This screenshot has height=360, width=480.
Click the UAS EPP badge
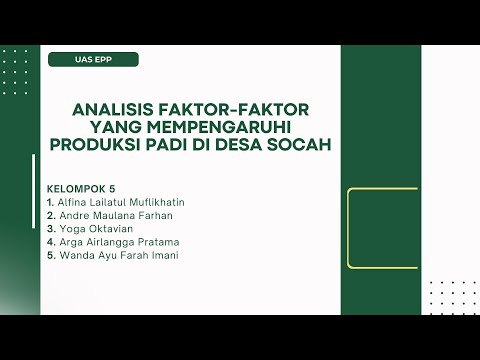click(93, 59)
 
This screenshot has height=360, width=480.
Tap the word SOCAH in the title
click(302, 146)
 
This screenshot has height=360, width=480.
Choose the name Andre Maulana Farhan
click(116, 215)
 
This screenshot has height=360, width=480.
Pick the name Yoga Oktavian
click(95, 228)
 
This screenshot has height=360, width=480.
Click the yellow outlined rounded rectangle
click(383, 228)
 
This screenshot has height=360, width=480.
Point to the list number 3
click(50, 228)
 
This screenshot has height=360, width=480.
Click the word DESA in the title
click(250, 146)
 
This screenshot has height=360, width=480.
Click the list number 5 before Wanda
click(50, 255)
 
